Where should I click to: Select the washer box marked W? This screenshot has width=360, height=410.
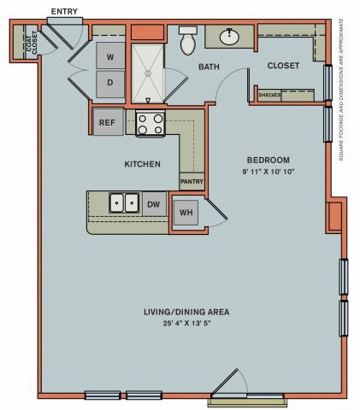pyautogui.click(x=109, y=57)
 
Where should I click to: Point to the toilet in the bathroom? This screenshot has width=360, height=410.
pyautogui.click(x=188, y=40)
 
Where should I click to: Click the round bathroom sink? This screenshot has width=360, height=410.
pyautogui.click(x=230, y=37)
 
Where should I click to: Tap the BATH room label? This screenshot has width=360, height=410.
pyautogui.click(x=210, y=67)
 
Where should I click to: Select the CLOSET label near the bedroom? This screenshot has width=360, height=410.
pyautogui.click(x=282, y=66)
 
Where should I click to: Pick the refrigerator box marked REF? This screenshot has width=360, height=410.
pyautogui.click(x=107, y=122)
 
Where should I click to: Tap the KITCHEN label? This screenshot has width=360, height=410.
pyautogui.click(x=142, y=163)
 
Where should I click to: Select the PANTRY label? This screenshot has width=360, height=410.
pyautogui.click(x=192, y=181)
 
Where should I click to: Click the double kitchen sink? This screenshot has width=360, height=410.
pyautogui.click(x=125, y=203)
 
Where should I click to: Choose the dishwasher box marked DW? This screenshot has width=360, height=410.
pyautogui.click(x=154, y=204)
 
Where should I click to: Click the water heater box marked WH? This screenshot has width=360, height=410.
pyautogui.click(x=186, y=214)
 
